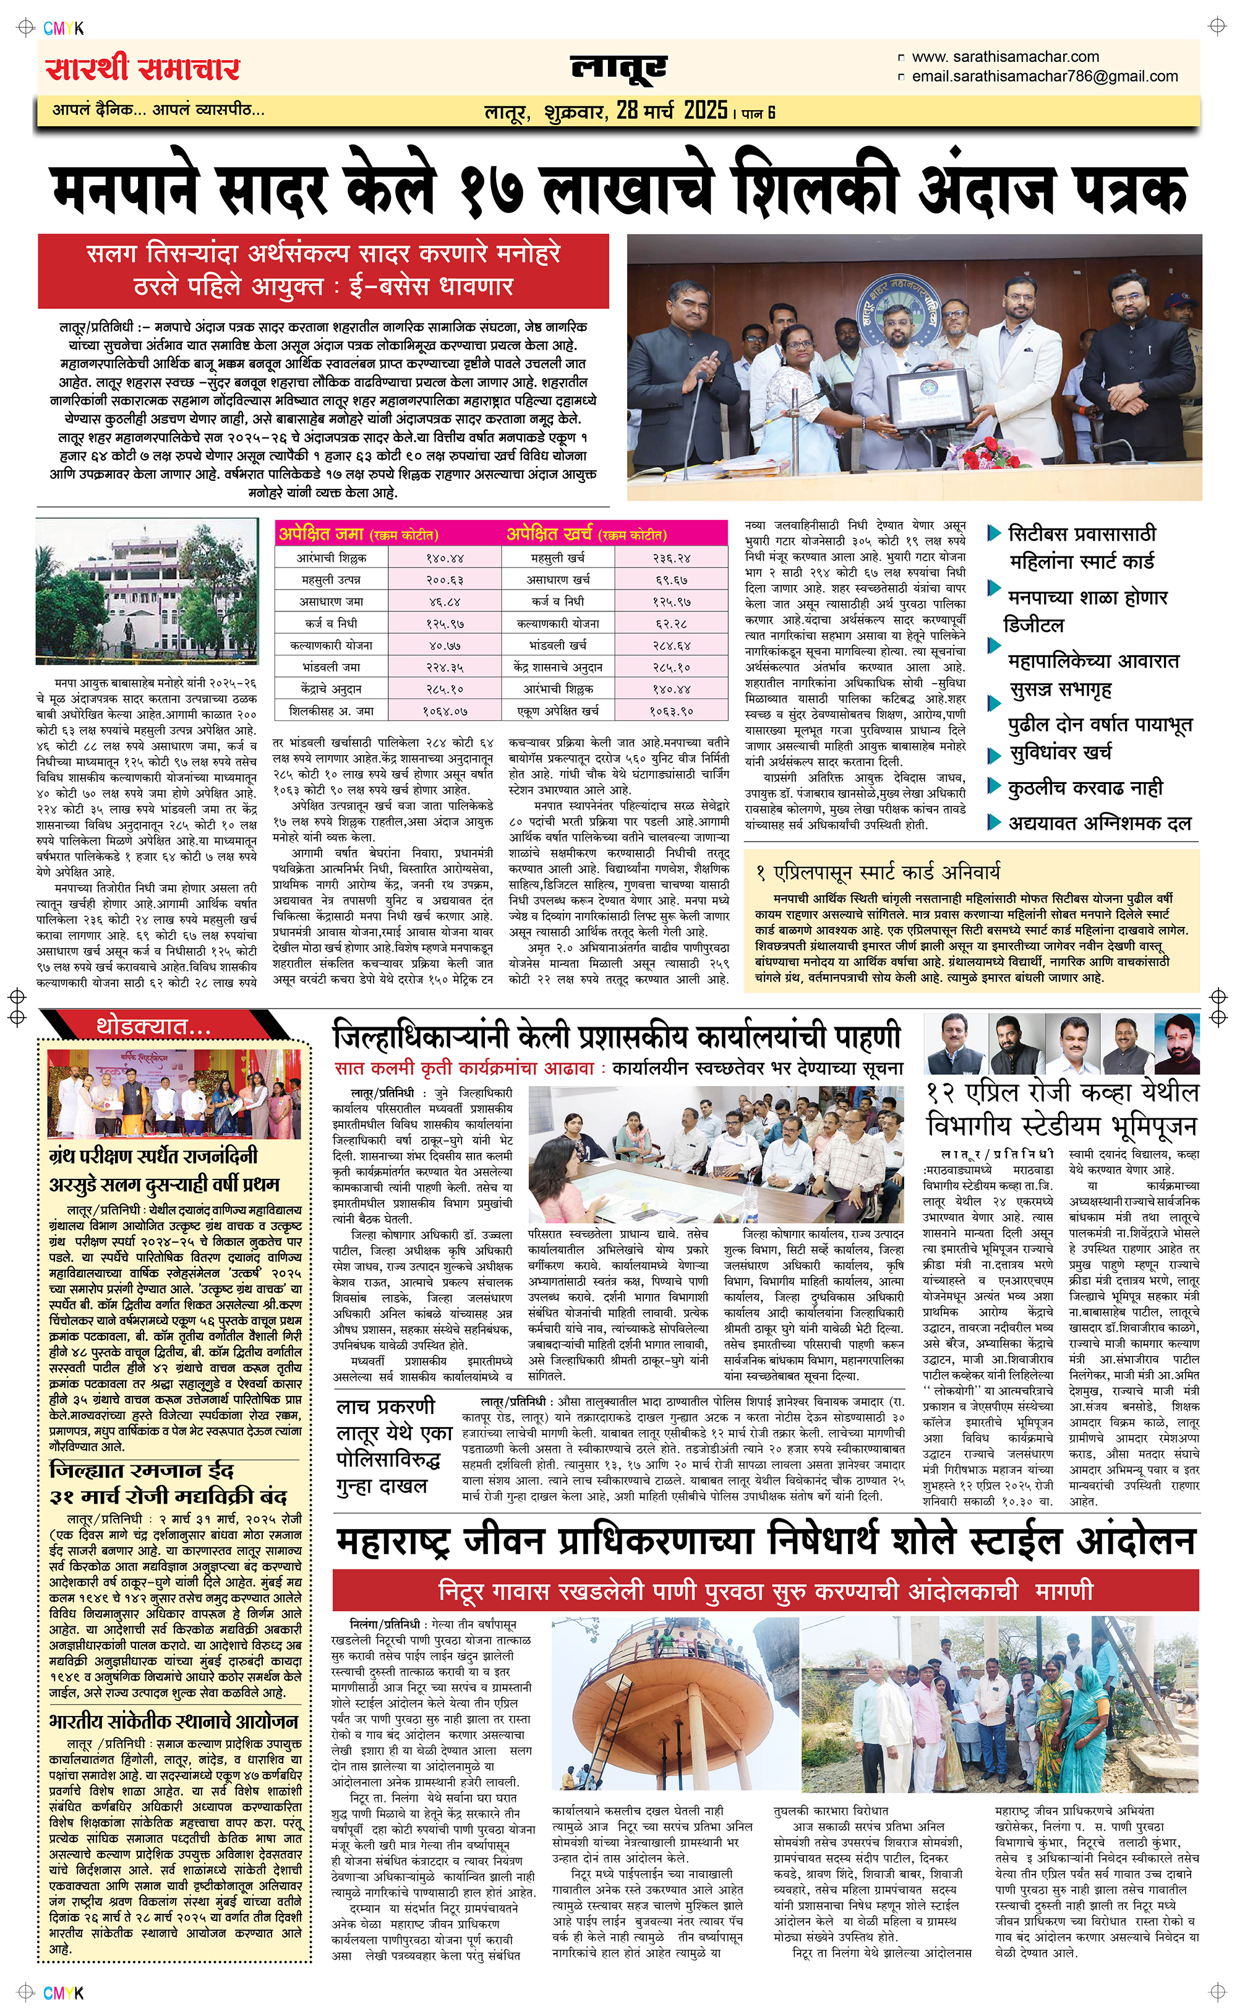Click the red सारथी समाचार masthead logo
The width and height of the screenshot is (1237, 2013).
click(x=142, y=69)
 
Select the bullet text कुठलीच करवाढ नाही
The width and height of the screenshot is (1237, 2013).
click(x=1085, y=788)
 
